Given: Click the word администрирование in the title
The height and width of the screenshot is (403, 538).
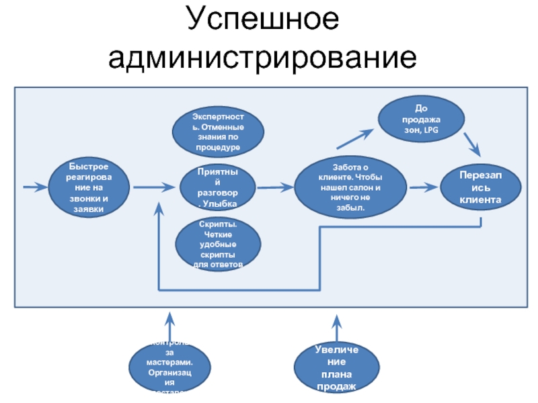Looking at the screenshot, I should click(263, 59).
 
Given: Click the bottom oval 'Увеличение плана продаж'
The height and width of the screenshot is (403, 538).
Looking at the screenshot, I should click(335, 368).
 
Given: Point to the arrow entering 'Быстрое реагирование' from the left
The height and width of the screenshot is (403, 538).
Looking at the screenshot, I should click(32, 187).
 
